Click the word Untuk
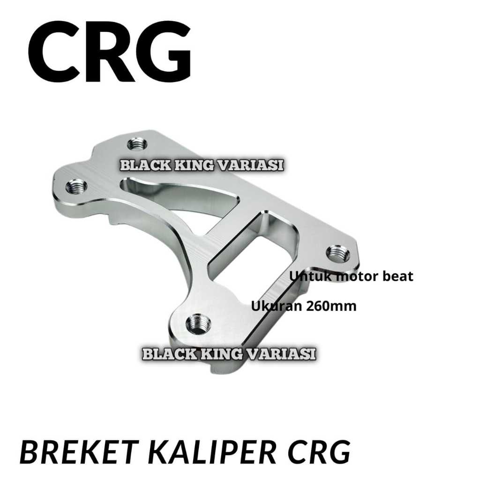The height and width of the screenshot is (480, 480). [306, 276]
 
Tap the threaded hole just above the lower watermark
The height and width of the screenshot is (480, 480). [198, 324]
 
